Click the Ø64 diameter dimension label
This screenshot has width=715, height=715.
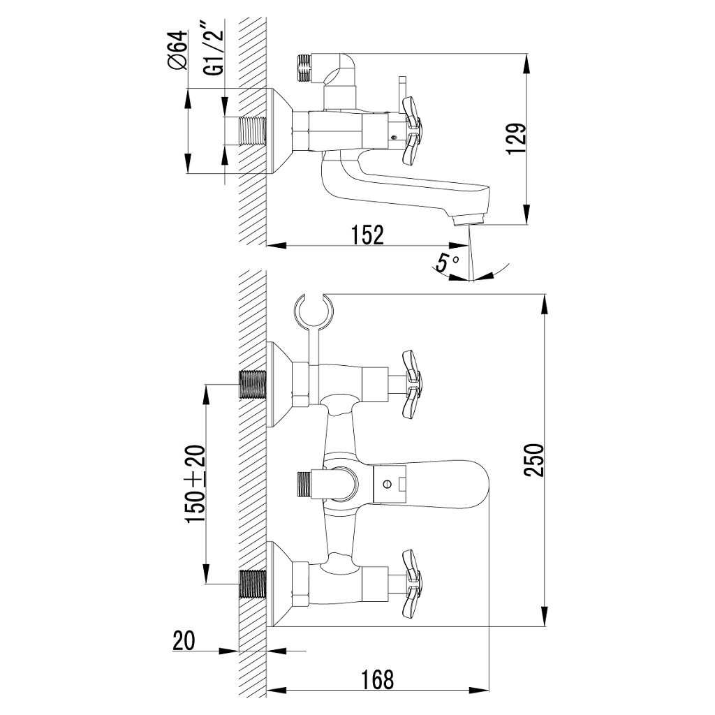click(x=177, y=50)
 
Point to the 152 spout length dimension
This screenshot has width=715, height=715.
click(x=367, y=235)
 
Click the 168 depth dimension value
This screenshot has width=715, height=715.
click(x=378, y=679)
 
